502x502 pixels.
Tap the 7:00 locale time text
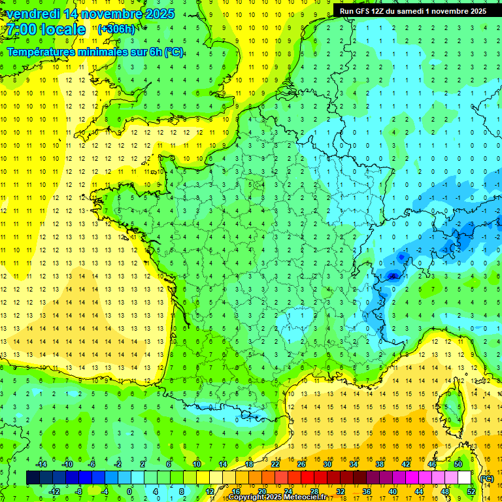click(x=46, y=29)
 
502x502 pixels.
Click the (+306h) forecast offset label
click(x=116, y=29)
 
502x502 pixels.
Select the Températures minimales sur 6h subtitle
click(x=95, y=52)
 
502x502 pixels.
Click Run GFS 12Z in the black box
click(x=363, y=10)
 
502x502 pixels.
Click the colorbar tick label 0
click(x=130, y=492)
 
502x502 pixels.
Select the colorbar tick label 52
click(x=471, y=492)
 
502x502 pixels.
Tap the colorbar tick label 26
click(x=301, y=464)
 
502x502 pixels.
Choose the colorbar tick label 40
click(x=392, y=492)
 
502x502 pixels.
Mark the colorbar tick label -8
click(x=78, y=492)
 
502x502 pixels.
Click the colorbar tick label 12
click(x=209, y=492)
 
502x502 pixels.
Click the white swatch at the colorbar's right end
click(x=464, y=478)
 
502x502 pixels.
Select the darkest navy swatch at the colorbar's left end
click(x=33, y=478)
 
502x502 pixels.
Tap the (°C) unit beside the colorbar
click(x=486, y=478)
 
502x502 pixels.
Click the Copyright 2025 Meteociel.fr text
click(x=277, y=497)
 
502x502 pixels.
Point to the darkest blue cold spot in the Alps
click(x=392, y=276)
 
